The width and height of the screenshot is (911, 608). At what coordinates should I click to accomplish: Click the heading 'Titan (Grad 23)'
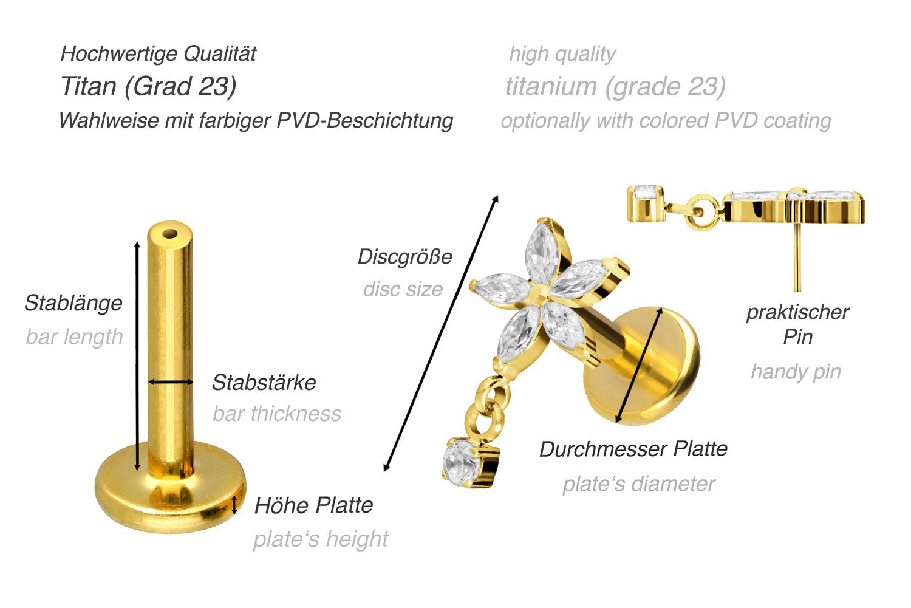(x=148, y=87)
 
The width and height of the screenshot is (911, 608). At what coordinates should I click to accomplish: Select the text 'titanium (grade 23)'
(x=615, y=87)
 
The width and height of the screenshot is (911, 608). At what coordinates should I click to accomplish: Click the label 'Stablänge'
(x=73, y=303)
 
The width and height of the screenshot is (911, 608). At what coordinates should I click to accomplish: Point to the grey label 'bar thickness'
(x=277, y=414)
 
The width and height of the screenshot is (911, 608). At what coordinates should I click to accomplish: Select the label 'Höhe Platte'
(x=314, y=505)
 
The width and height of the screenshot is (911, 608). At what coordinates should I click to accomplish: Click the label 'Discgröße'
(x=405, y=257)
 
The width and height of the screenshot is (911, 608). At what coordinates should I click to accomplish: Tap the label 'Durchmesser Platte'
(x=633, y=449)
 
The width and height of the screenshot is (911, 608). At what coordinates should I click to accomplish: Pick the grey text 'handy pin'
(x=796, y=372)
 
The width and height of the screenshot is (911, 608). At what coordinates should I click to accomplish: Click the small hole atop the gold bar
(x=170, y=234)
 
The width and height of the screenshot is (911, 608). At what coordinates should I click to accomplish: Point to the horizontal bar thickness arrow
(x=171, y=381)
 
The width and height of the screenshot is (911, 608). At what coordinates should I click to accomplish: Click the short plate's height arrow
(x=234, y=505)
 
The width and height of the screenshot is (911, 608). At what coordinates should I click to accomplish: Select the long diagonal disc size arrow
(x=441, y=333)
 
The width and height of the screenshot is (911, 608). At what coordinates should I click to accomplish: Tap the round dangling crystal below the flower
(x=462, y=463)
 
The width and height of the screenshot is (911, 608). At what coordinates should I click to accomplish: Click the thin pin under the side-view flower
(x=797, y=257)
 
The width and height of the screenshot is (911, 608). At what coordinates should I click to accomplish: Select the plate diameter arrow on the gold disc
(x=639, y=365)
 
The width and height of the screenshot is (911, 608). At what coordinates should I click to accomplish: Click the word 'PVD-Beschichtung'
(x=365, y=120)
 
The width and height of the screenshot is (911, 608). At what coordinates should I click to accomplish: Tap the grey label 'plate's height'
(x=321, y=539)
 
